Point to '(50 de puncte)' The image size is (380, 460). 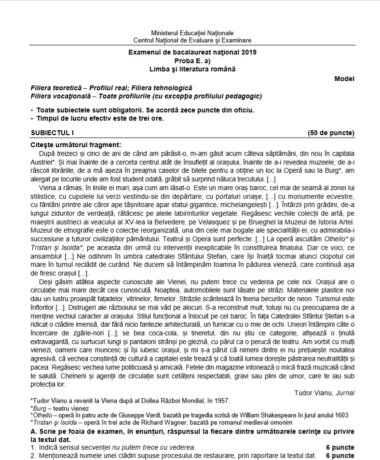(x=331, y=133)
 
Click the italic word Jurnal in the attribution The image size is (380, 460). (x=344, y=393)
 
